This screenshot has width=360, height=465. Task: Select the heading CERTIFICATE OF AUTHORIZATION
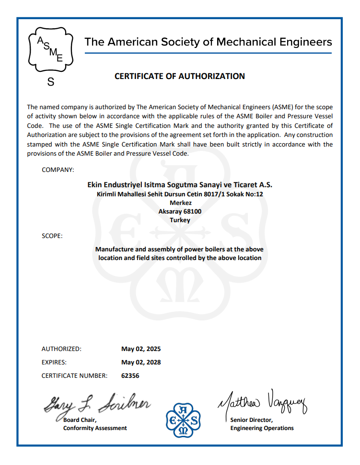tap(180, 76)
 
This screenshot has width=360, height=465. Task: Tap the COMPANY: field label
tap(58, 170)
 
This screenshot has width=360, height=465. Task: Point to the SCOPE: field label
tap(52, 236)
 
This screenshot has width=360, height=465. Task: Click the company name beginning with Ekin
tap(180, 185)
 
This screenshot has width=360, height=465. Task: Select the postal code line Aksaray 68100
tap(180, 212)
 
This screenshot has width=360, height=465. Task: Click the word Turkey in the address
tap(180, 220)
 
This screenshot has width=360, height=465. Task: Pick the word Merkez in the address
tap(180, 203)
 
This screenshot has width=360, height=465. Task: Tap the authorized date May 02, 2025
tap(141, 349)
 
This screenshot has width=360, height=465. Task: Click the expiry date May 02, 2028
tap(141, 363)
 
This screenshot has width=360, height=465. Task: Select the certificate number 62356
tap(130, 376)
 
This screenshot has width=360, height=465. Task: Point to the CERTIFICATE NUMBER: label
tap(74, 376)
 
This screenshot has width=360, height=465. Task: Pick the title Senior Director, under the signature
tap(251, 420)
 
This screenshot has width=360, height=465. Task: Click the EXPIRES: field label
tap(54, 363)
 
